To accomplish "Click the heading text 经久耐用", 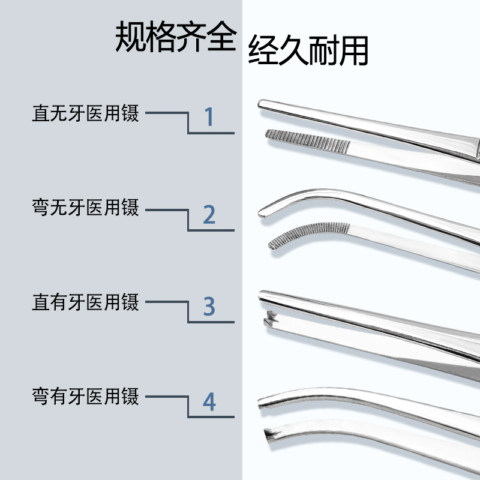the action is pyautogui.click(x=308, y=51).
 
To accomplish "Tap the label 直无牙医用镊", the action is pyautogui.click(x=85, y=113).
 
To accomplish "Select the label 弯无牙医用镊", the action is pyautogui.click(x=85, y=208).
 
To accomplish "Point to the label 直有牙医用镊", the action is pyautogui.click(x=85, y=302).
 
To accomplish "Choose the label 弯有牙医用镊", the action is pyautogui.click(x=85, y=396).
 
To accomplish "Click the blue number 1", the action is pyautogui.click(x=209, y=117).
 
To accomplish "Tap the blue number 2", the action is pyautogui.click(x=209, y=214).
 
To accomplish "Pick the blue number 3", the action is pyautogui.click(x=209, y=307).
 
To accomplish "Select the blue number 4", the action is pyautogui.click(x=209, y=402).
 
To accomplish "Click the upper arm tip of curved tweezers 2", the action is pyautogui.click(x=265, y=212).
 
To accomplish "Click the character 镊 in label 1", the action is pyautogui.click(x=130, y=113).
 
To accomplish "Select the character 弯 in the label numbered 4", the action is pyautogui.click(x=40, y=396).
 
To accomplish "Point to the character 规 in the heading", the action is pyautogui.click(x=130, y=37).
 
